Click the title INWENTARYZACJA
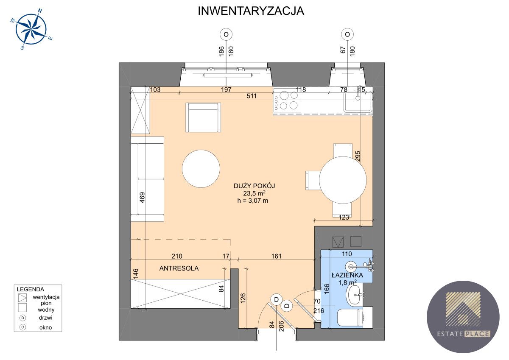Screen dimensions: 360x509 251,11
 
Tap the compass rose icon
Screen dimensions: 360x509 31,29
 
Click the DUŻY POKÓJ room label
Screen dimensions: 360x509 255,186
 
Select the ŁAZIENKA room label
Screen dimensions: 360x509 347,275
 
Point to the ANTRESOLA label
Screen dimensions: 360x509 179,268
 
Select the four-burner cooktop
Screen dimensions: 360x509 288,100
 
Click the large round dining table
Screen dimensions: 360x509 342,180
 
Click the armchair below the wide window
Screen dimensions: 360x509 203,117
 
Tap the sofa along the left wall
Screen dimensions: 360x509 147,179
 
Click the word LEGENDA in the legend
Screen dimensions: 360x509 31,289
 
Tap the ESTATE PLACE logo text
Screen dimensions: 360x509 463,334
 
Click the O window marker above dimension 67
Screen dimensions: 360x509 347,34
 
